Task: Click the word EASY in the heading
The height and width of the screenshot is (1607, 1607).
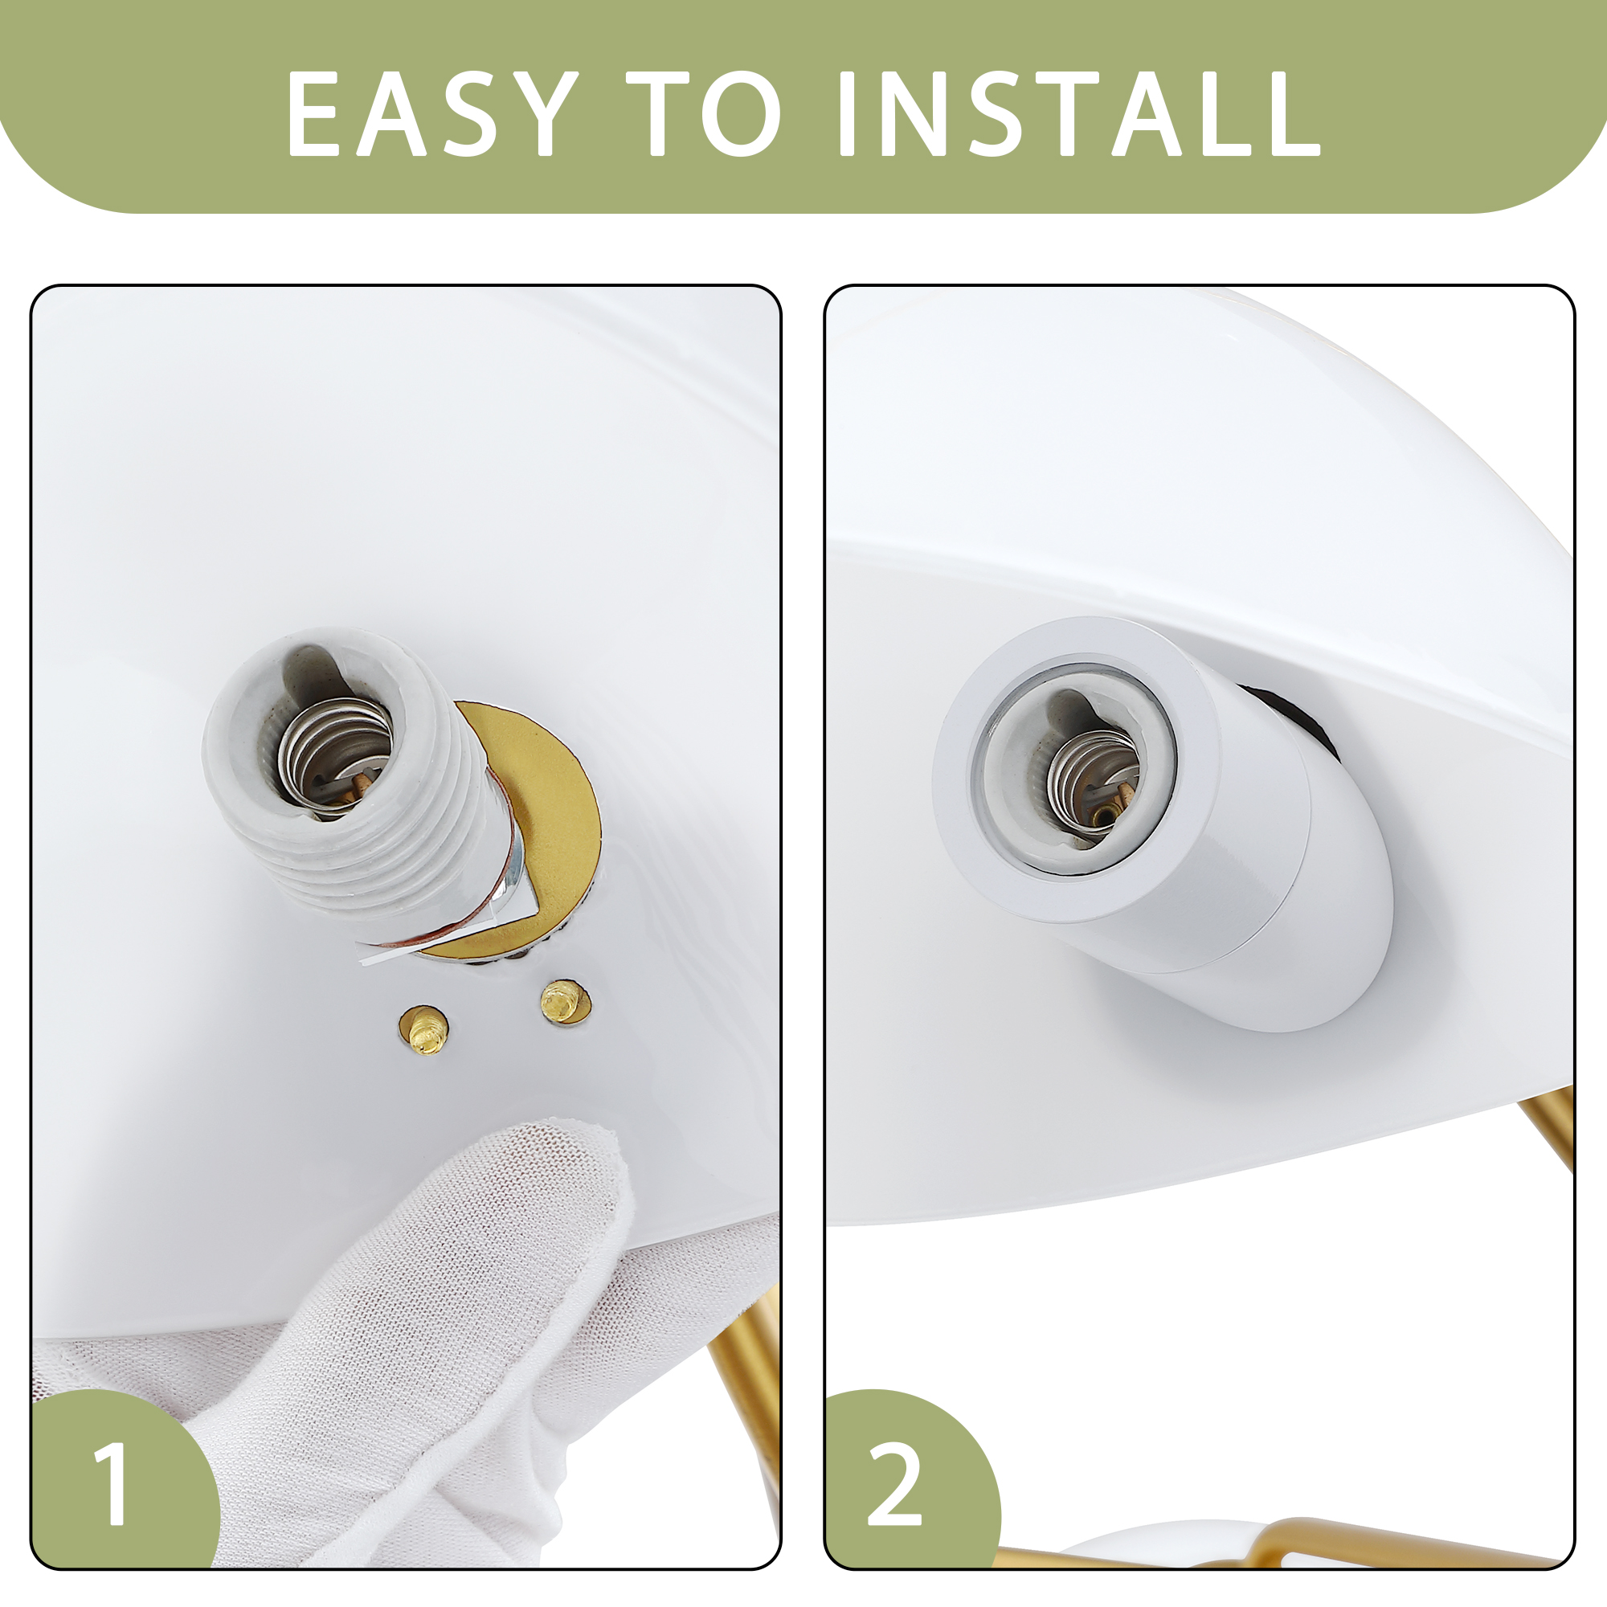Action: coord(431,113)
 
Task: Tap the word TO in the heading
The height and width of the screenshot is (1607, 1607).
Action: coord(704,113)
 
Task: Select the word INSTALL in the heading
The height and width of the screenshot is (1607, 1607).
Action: coord(1080,113)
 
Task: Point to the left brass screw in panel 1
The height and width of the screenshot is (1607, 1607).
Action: coord(425,1032)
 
